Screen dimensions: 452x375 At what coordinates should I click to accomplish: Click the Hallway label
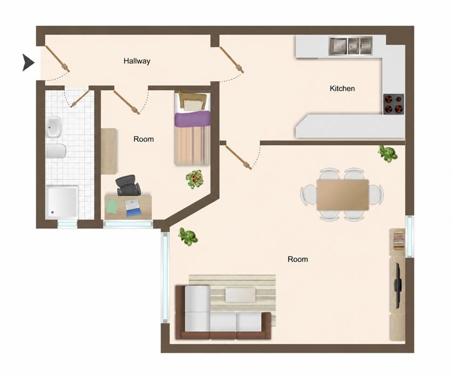coord(137,61)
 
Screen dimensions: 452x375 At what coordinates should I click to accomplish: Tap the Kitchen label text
coord(342,88)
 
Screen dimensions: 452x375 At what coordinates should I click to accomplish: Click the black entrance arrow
coord(29,62)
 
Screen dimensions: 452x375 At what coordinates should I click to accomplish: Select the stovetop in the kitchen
coord(393,104)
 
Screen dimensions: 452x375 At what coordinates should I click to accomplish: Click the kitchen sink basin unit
coord(351,46)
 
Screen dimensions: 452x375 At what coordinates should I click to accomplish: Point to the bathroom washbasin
coord(54,127)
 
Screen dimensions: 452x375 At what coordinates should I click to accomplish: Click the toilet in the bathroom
coord(56,151)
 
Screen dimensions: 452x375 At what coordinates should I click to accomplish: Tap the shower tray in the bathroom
coord(62,202)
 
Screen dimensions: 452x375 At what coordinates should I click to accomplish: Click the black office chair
coord(128,185)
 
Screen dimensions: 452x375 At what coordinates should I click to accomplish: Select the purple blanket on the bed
coord(192,119)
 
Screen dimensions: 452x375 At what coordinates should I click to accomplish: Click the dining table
coord(342,195)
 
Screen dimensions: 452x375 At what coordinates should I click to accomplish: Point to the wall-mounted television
coord(398,285)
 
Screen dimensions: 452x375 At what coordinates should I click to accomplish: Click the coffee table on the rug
coord(240,295)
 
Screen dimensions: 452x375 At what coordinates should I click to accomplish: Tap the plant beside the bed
coord(195,179)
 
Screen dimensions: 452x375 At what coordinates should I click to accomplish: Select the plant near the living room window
coord(188,236)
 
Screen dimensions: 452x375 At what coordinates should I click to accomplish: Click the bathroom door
coord(79,98)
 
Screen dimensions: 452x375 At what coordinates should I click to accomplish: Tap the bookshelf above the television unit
coord(398,239)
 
